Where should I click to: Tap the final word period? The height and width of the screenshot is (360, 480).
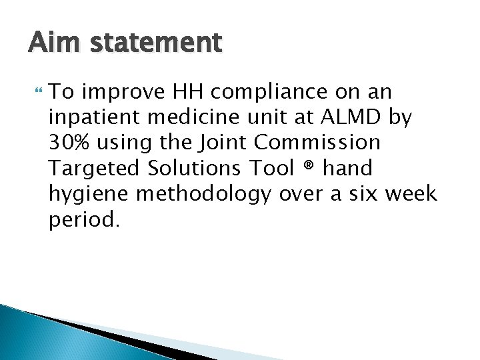point(84,220)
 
